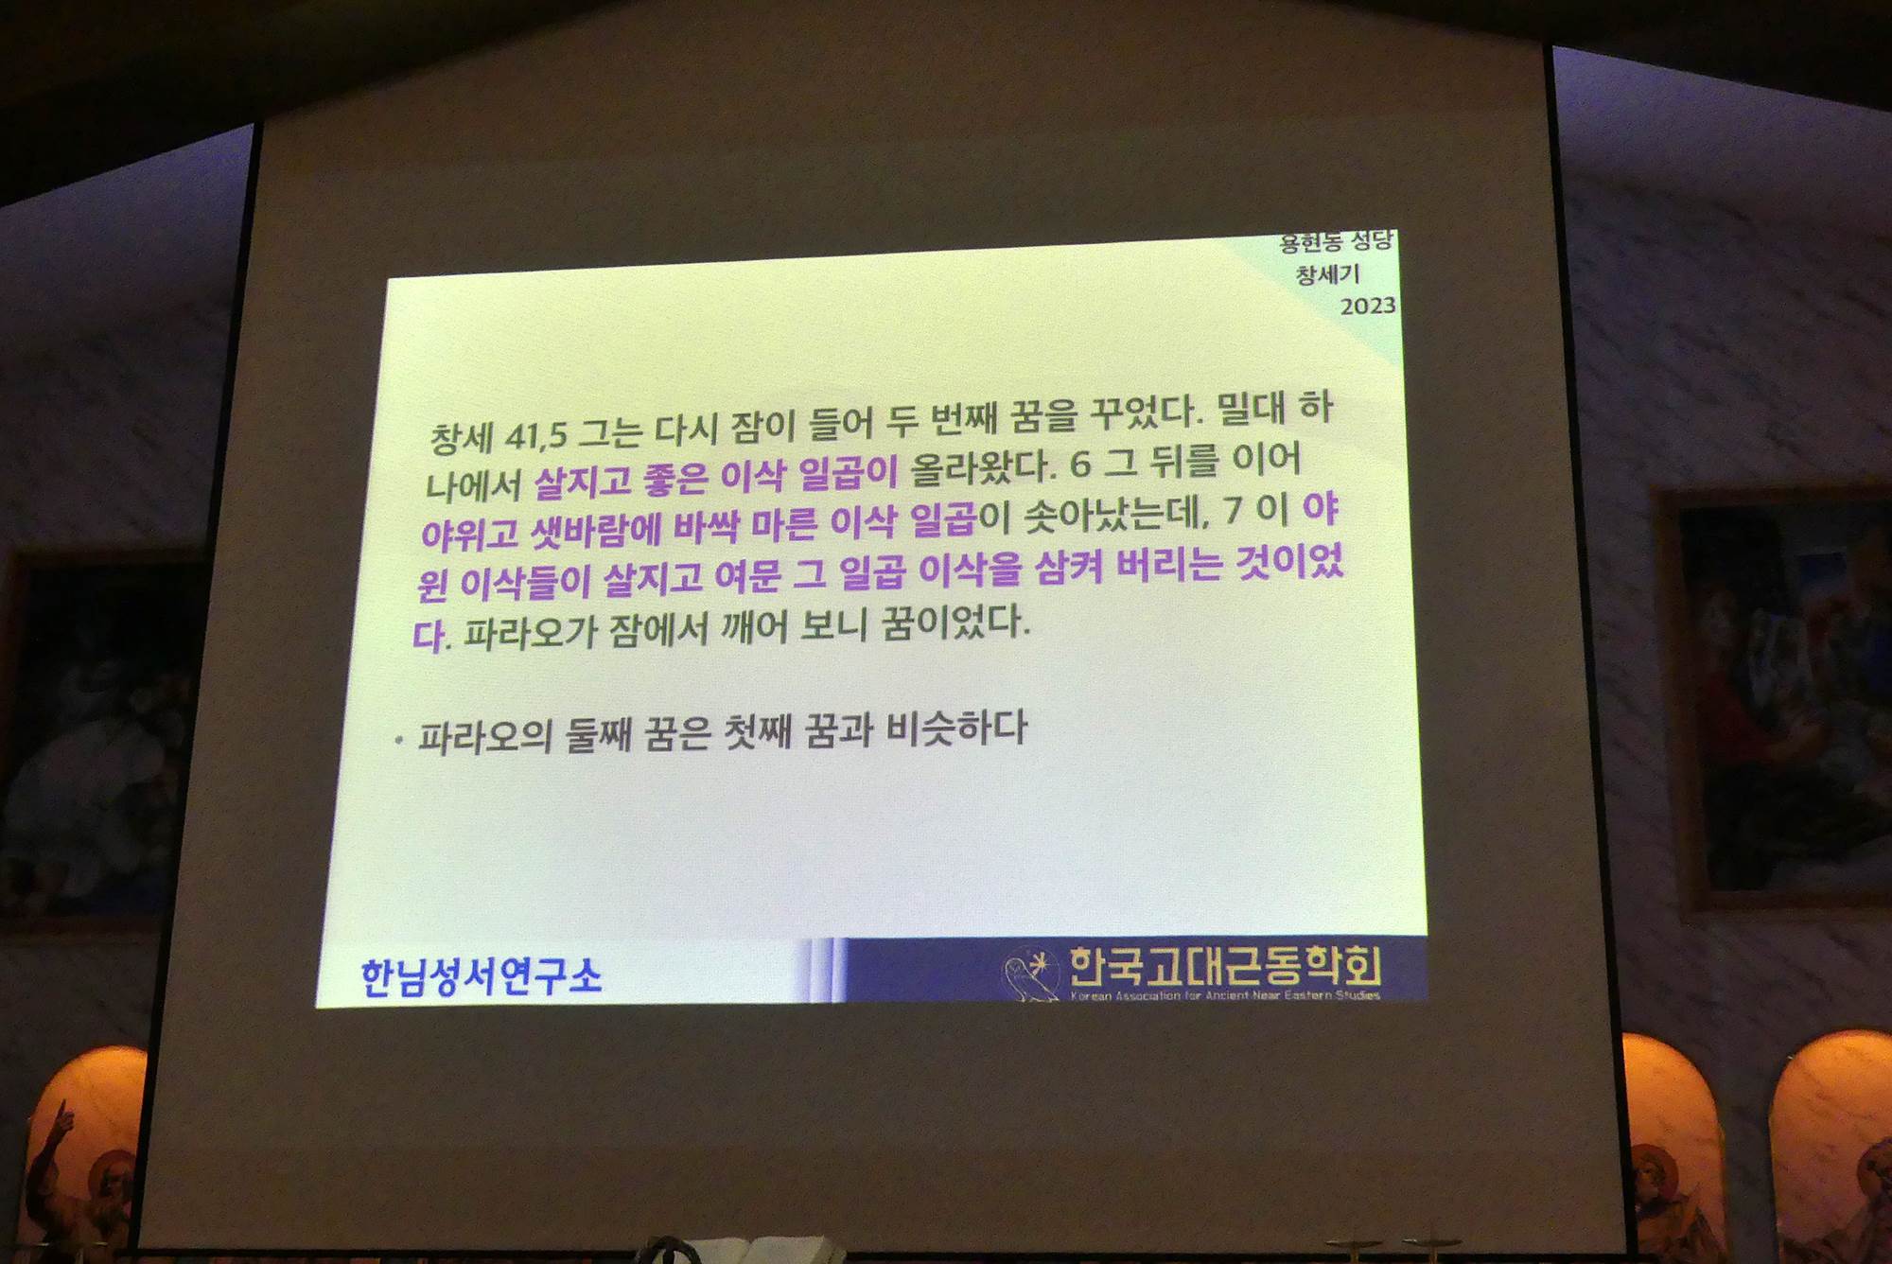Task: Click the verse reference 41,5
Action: pyautogui.click(x=536, y=435)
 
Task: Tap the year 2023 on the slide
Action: pyautogui.click(x=1368, y=306)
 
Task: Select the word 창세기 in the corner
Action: pyautogui.click(x=1327, y=274)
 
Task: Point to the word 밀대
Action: pyautogui.click(x=1251, y=409)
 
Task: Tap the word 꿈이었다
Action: pyautogui.click(x=955, y=623)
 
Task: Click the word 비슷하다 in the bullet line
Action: pyautogui.click(x=956, y=729)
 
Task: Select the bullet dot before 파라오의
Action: pyautogui.click(x=398, y=741)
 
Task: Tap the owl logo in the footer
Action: pyautogui.click(x=1030, y=975)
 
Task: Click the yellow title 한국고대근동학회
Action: pyautogui.click(x=1226, y=967)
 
